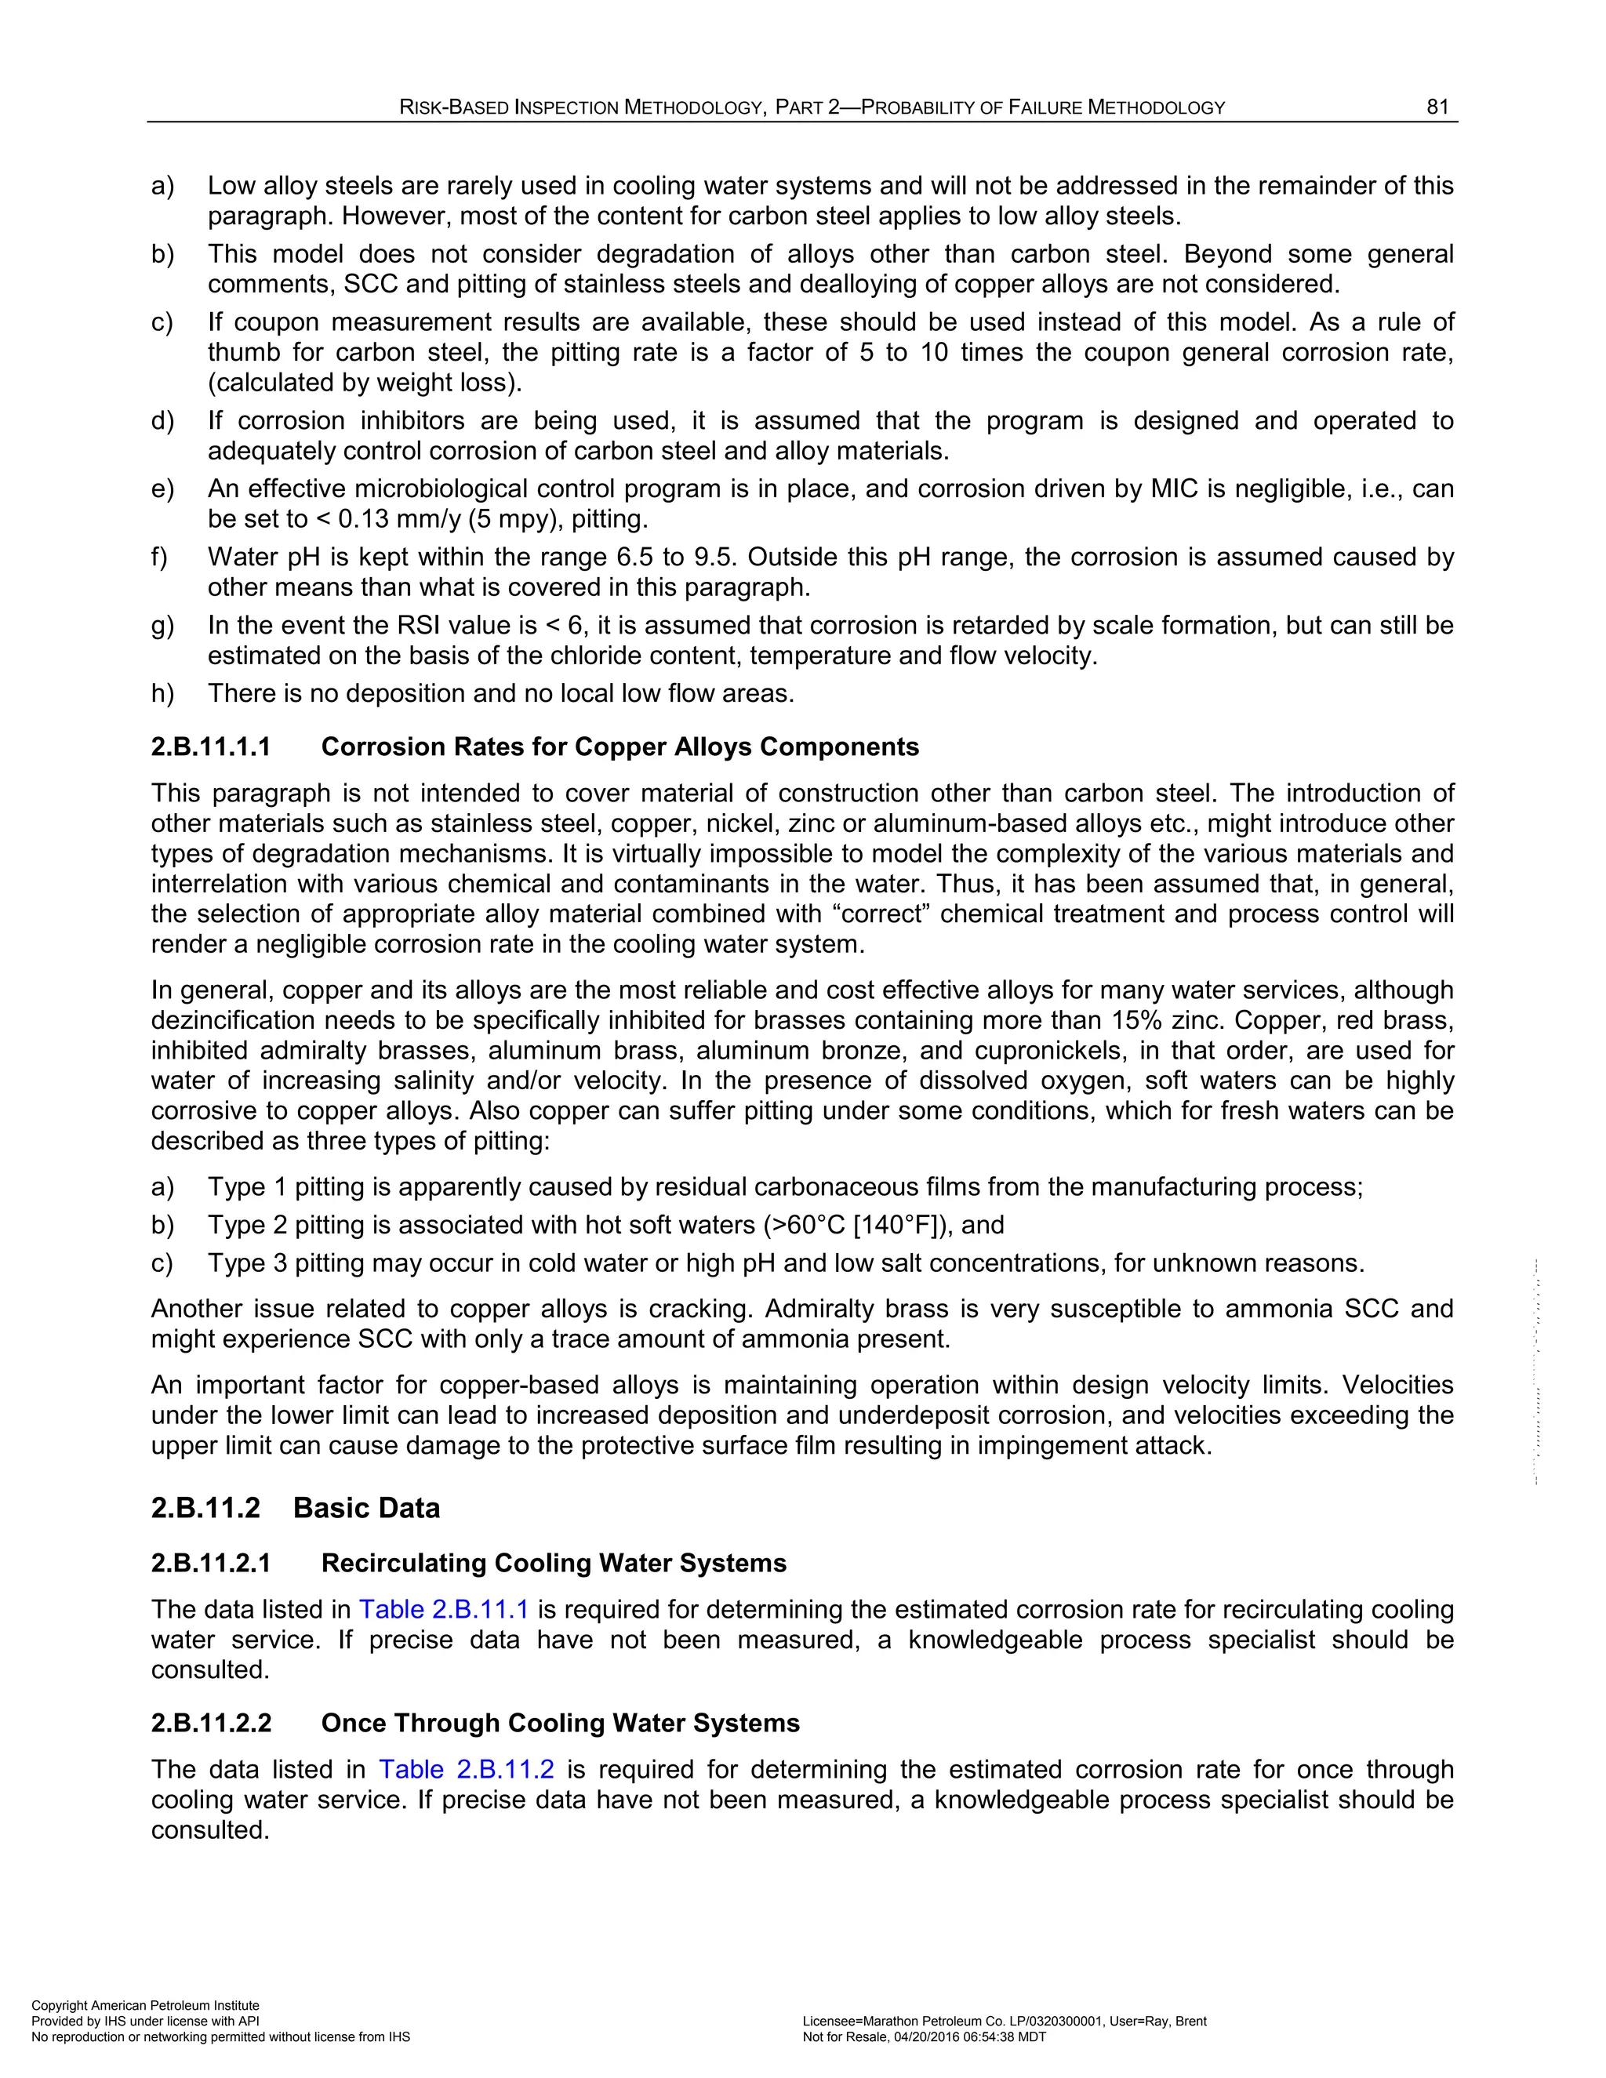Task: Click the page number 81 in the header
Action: [1437, 107]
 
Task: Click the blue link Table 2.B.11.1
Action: [442, 1609]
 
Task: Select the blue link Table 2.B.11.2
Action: [467, 1769]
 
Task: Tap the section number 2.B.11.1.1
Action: [211, 747]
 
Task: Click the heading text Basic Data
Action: [366, 1508]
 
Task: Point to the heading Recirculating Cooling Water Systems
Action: [554, 1564]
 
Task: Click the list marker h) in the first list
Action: [162, 694]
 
